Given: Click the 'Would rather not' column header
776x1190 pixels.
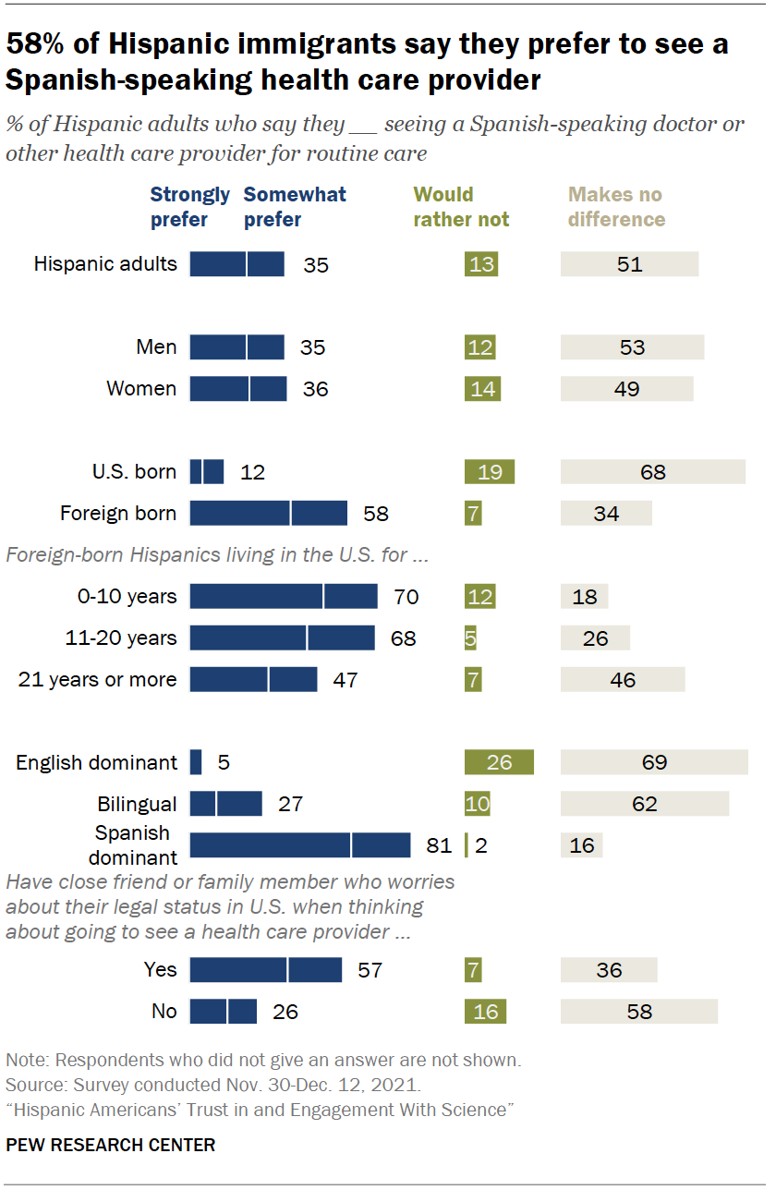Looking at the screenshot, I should click(x=460, y=207).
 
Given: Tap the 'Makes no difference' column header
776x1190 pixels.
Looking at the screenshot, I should click(x=615, y=207).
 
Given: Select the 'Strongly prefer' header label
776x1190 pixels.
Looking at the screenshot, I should click(x=189, y=207).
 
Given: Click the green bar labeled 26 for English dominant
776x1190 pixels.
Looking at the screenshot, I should click(x=499, y=762).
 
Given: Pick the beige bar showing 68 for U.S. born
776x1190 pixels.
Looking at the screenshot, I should click(x=652, y=471).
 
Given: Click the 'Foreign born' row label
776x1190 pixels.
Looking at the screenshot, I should click(x=117, y=513).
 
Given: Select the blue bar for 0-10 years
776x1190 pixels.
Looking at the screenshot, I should click(x=284, y=596).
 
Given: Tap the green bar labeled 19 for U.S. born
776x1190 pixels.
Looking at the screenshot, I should click(x=489, y=471).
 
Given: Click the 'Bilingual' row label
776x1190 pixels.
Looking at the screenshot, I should click(x=137, y=804).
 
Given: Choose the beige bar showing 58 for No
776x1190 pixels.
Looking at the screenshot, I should click(x=638, y=1012).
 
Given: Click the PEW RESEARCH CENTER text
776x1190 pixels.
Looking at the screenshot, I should click(x=110, y=1145).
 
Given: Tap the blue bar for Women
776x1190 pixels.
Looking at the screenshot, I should click(x=238, y=389).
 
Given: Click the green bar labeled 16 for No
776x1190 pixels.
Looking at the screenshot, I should click(x=485, y=1012).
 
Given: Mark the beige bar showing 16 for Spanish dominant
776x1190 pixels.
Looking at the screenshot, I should click(x=581, y=845).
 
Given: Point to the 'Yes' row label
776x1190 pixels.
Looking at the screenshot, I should click(x=160, y=970).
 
